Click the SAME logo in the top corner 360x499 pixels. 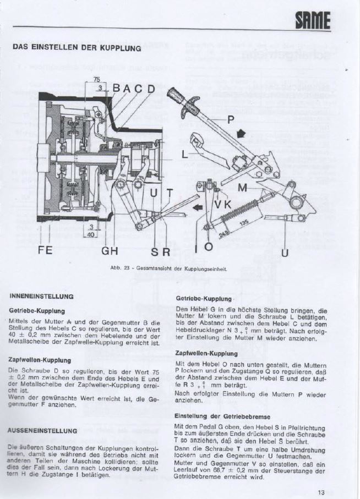[x=313, y=21]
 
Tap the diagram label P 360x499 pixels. [x=230, y=119]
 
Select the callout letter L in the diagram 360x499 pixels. [x=185, y=155]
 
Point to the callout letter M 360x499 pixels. [x=242, y=189]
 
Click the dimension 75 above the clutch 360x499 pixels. [x=97, y=80]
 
